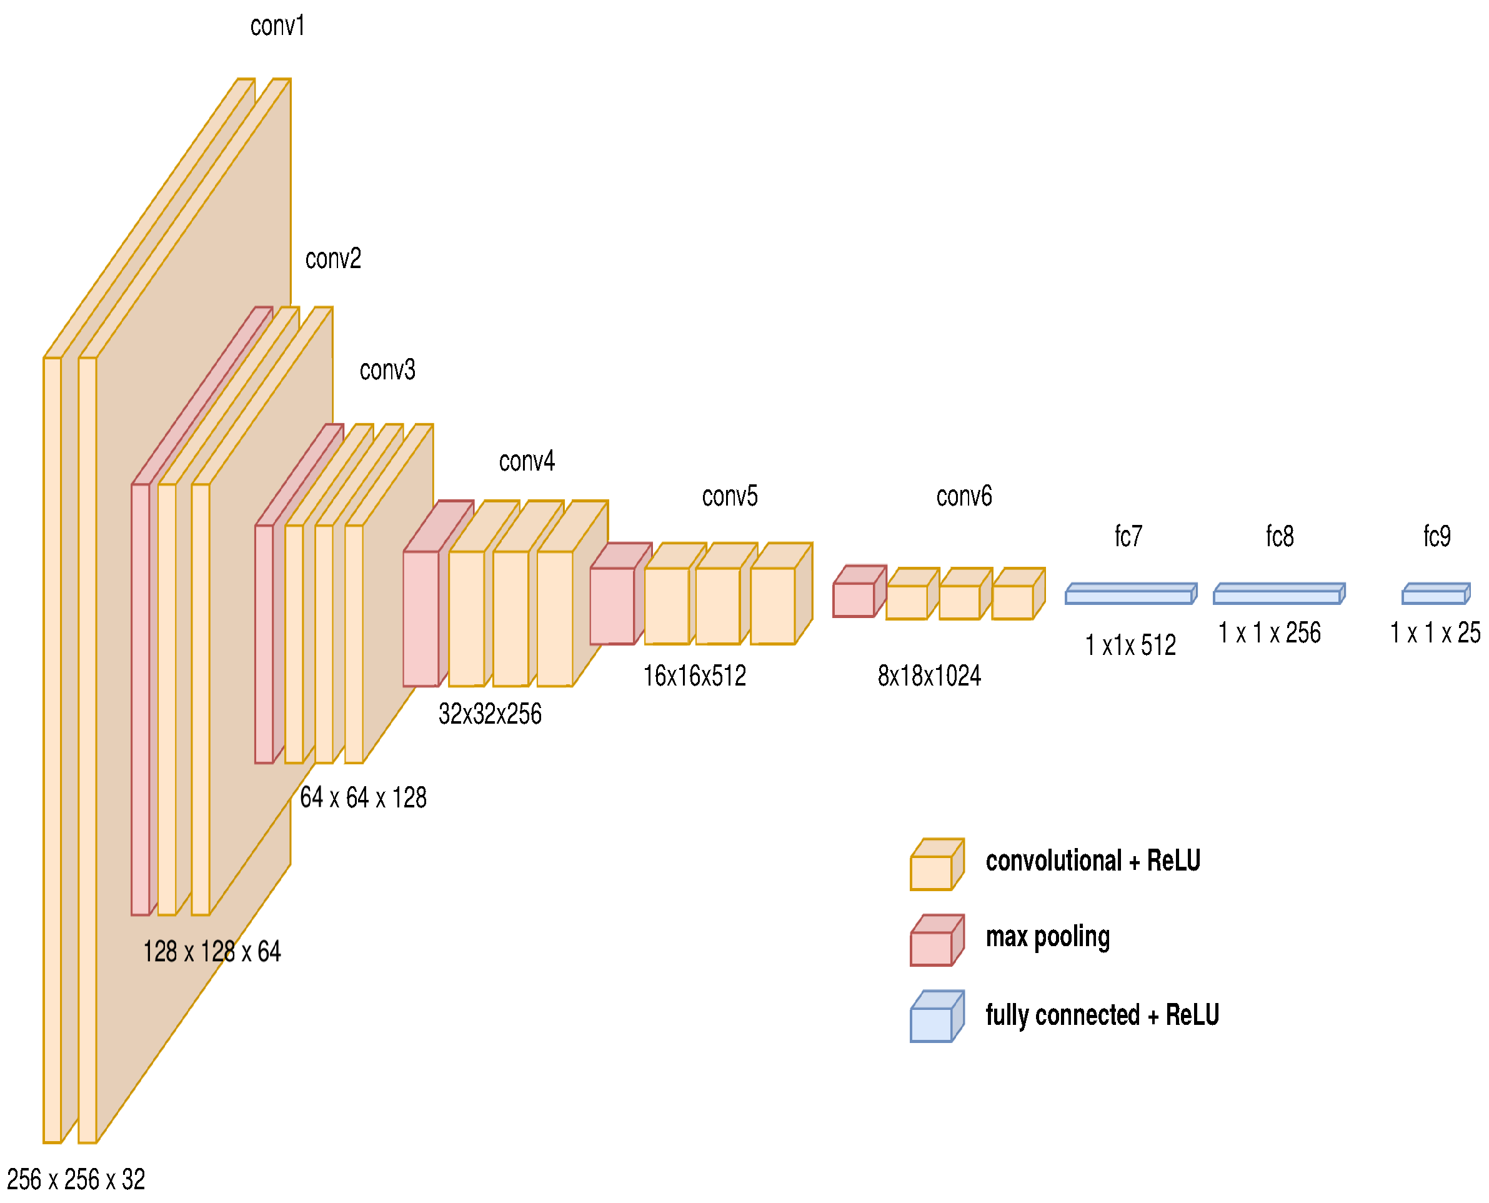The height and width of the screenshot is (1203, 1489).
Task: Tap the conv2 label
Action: pos(332,259)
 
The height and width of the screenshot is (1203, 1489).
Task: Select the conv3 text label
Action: pos(387,370)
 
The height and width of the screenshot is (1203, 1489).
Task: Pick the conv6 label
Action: pos(963,496)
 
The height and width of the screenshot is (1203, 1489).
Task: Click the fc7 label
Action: pos(1127,536)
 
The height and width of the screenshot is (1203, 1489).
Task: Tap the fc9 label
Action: pos(1436,536)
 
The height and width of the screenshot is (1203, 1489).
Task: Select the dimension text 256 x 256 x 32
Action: pos(76,1179)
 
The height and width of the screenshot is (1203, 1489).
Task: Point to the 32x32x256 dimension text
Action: pos(489,714)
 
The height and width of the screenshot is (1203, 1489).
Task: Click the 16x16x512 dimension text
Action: pos(694,676)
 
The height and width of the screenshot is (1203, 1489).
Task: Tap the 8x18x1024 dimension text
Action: pos(929,676)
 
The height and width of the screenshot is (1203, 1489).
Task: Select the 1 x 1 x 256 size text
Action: pos(1268,632)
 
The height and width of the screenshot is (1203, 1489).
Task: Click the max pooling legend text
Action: pos(1047,937)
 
